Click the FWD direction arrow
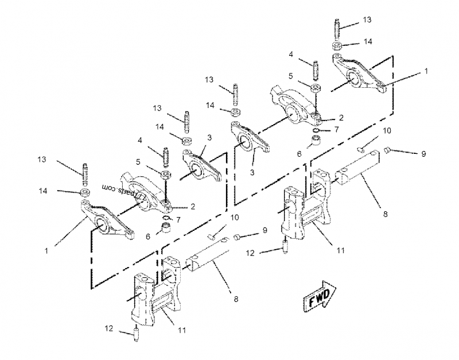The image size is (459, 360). tap(320, 296)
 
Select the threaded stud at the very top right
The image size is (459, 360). tap(337, 27)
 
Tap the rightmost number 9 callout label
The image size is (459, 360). tap(423, 154)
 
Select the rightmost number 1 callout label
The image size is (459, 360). tap(426, 73)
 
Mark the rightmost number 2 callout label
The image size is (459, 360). tap(341, 117)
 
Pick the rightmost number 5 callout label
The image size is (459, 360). tap(291, 75)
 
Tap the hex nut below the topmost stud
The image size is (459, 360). tap(337, 45)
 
